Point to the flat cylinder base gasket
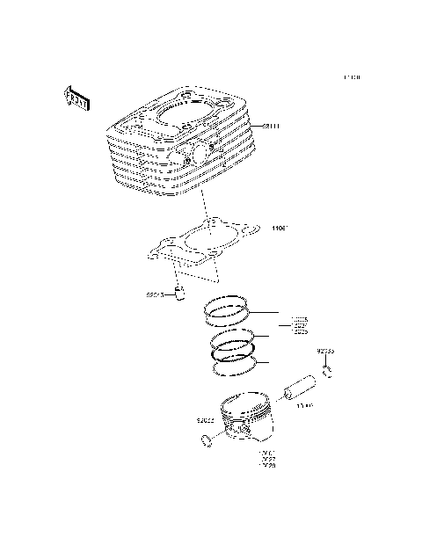[201, 243]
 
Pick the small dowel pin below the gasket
[182, 293]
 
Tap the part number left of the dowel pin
[156, 295]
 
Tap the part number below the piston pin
[304, 407]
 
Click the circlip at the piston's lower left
[206, 439]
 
